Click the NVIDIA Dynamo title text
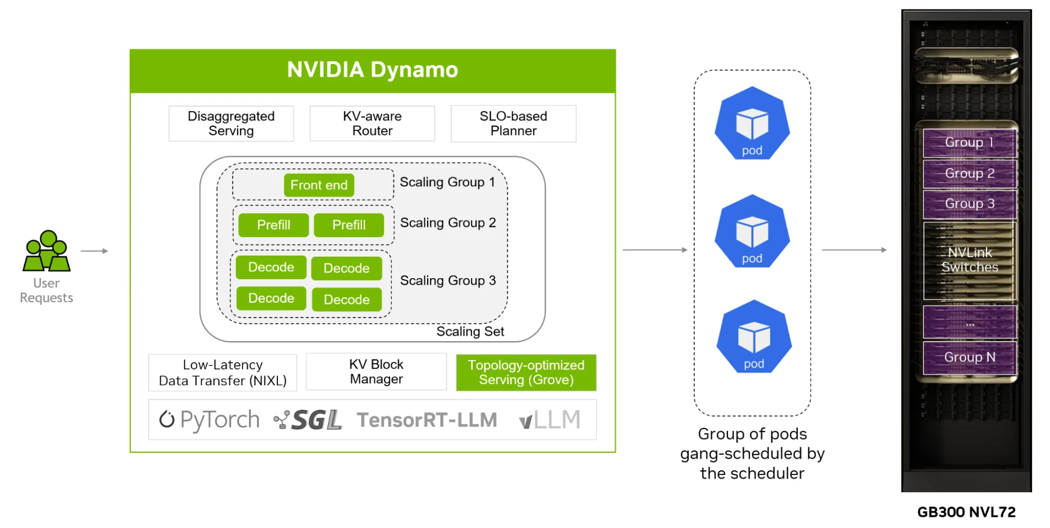[372, 70]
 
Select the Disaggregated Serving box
[231, 124]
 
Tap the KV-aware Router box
[372, 124]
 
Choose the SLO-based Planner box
[513, 124]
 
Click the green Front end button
[319, 185]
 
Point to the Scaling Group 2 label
[448, 223]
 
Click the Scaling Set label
[470, 332]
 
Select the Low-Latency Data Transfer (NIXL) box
[223, 373]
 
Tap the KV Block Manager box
[376, 372]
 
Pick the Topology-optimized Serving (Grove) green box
[526, 373]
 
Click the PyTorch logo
[210, 420]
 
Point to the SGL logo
[308, 420]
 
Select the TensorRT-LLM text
[427, 420]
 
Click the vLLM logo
[549, 420]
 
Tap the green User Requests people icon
[46, 251]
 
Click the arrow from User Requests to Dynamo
[95, 251]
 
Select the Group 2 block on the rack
[970, 174]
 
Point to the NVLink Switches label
[970, 260]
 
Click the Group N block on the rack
[970, 357]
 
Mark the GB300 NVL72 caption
[966, 512]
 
